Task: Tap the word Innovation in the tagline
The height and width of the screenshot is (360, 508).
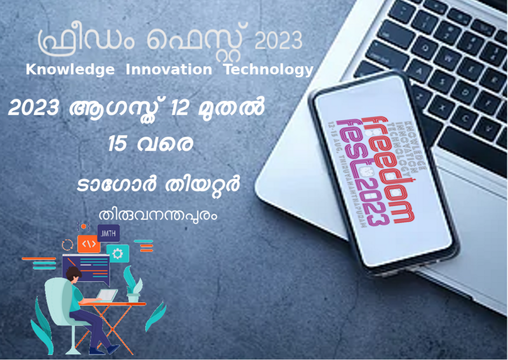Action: [x=169, y=70]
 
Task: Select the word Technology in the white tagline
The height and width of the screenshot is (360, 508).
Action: [x=269, y=70]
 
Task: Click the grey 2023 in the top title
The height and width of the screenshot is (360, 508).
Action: [x=278, y=41]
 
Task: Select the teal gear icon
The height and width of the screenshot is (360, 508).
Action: [x=117, y=253]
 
